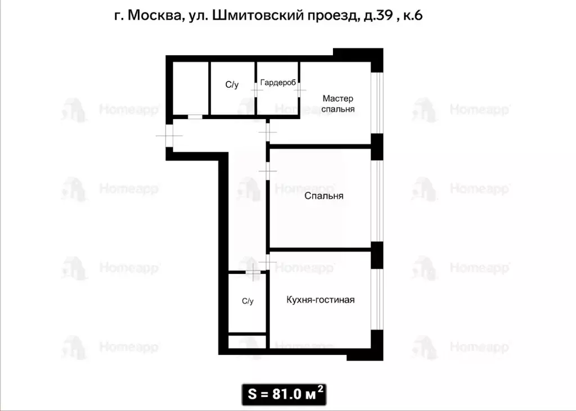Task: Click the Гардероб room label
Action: coord(278,82)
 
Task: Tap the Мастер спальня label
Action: coord(338,104)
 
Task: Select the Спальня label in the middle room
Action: coord(323,196)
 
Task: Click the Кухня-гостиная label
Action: coord(320,300)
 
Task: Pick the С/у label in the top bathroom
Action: coord(232,85)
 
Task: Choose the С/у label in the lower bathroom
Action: coord(247,301)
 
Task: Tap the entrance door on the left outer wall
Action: coord(168,135)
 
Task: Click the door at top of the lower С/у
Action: coord(253,272)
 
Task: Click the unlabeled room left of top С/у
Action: coord(191,88)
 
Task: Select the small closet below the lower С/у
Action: coord(247,342)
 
